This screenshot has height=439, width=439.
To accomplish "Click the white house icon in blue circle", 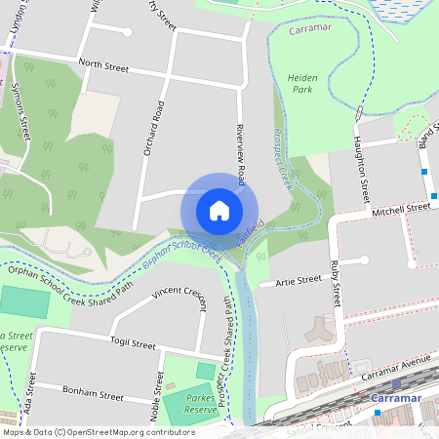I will [219, 210].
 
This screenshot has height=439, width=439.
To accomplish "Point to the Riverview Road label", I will [241, 154].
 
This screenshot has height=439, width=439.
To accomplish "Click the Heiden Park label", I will [303, 82].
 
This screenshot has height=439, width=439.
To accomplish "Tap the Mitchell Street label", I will [401, 209].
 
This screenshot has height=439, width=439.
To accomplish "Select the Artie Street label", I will [299, 280].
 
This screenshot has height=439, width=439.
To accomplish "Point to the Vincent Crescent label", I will [181, 291].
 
